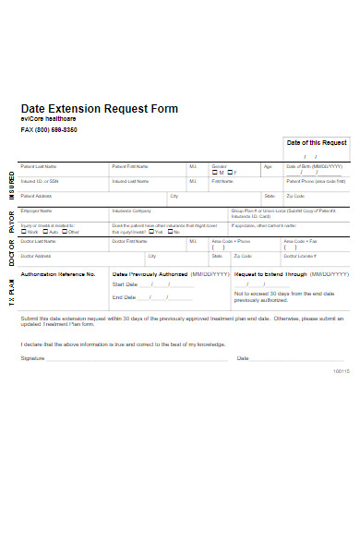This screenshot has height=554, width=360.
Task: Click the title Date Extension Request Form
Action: (x=99, y=108)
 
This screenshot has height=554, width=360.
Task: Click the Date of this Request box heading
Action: (x=317, y=143)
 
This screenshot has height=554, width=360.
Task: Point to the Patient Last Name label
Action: (x=39, y=166)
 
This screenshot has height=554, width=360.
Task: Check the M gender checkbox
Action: (x=215, y=173)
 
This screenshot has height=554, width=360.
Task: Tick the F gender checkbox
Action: (x=230, y=173)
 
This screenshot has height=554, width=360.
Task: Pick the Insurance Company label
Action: (x=131, y=211)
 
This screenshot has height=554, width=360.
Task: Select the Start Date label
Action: (x=125, y=285)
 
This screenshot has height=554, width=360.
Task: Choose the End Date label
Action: (x=124, y=297)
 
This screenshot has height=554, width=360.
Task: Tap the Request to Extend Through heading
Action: (x=270, y=274)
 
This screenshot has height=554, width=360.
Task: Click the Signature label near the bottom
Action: (x=32, y=357)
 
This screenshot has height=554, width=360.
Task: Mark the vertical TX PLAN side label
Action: (x=12, y=291)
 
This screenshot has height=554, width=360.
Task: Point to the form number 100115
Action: (x=341, y=372)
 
